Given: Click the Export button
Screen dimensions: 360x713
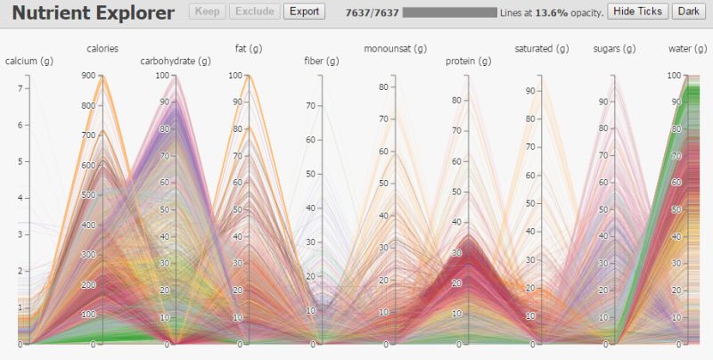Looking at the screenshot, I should tap(304, 12).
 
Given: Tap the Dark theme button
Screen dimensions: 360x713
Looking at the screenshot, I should tap(687, 12).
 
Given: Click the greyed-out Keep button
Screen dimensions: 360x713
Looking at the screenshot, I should tap(207, 12).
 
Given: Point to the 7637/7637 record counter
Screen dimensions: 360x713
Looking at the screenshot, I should tap(371, 12).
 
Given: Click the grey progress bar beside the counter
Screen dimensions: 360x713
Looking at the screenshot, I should tap(449, 12).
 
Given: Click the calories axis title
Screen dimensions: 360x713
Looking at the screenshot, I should tap(102, 48).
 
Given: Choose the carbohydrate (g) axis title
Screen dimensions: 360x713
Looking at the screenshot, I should tap(176, 61).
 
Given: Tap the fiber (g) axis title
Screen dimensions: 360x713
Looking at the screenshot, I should tap(321, 61).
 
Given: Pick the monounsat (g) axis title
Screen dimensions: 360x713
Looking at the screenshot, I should tap(395, 48).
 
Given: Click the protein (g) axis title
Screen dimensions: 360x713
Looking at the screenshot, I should tap(468, 61).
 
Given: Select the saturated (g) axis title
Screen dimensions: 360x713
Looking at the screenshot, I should tap(541, 48).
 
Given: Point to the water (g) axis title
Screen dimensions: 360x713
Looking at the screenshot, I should tap(687, 48).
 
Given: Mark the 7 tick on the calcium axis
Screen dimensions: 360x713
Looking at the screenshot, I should tap(20, 89).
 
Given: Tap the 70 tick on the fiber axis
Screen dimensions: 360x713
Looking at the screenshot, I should tap(311, 105).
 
